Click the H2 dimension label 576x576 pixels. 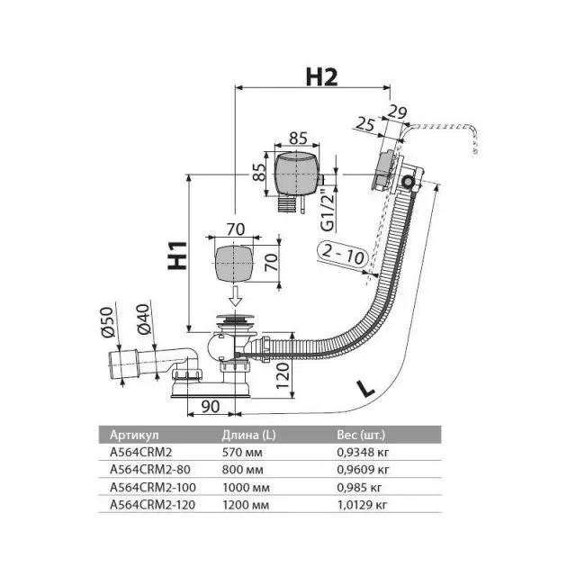[x=322, y=77]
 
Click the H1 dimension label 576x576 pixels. [x=177, y=256]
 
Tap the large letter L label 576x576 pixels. [x=365, y=389]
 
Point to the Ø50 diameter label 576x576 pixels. [x=108, y=322]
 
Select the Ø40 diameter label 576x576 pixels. [x=144, y=319]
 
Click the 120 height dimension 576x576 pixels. [x=283, y=375]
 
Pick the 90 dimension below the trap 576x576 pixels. [x=211, y=406]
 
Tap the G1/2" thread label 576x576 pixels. [x=328, y=211]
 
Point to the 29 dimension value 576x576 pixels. [x=398, y=112]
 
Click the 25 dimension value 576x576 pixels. [x=365, y=124]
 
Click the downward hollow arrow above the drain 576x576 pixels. [x=235, y=295]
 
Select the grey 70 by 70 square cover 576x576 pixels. [x=234, y=264]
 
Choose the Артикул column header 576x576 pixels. [x=134, y=435]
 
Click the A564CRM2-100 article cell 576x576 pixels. [x=153, y=488]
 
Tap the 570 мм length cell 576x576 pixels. [x=242, y=452]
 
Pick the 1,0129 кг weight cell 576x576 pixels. [x=362, y=505]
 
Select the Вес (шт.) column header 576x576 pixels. [x=361, y=435]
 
